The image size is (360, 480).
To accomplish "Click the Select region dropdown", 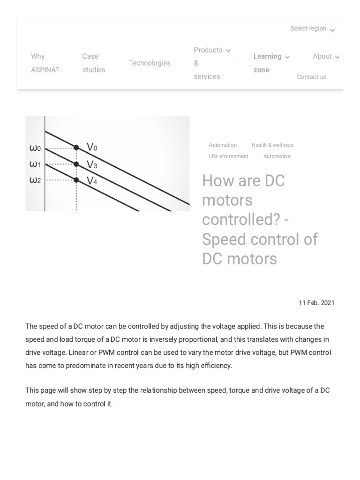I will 312,29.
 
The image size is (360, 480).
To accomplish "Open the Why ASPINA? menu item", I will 45,63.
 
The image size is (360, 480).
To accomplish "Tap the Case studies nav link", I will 94,63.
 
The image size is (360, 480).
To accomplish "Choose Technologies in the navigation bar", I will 150,63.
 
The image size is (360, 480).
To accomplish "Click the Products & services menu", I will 212,63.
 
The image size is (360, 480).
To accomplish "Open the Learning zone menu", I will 271,63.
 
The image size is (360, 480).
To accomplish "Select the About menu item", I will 326,56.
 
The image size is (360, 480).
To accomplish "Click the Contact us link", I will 311,77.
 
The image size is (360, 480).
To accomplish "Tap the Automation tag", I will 223,145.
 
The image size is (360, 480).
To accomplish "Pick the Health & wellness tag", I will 272,145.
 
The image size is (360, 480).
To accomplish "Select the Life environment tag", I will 228,157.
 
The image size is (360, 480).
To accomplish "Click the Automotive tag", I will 277,157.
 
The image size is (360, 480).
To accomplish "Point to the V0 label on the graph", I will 92,147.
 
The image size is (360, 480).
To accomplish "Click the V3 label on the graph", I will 92,165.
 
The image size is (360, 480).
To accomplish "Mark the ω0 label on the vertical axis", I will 35,149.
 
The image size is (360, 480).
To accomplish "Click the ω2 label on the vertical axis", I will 35,180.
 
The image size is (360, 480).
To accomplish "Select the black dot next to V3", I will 76,164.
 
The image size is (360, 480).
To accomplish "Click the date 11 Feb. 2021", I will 316,303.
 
